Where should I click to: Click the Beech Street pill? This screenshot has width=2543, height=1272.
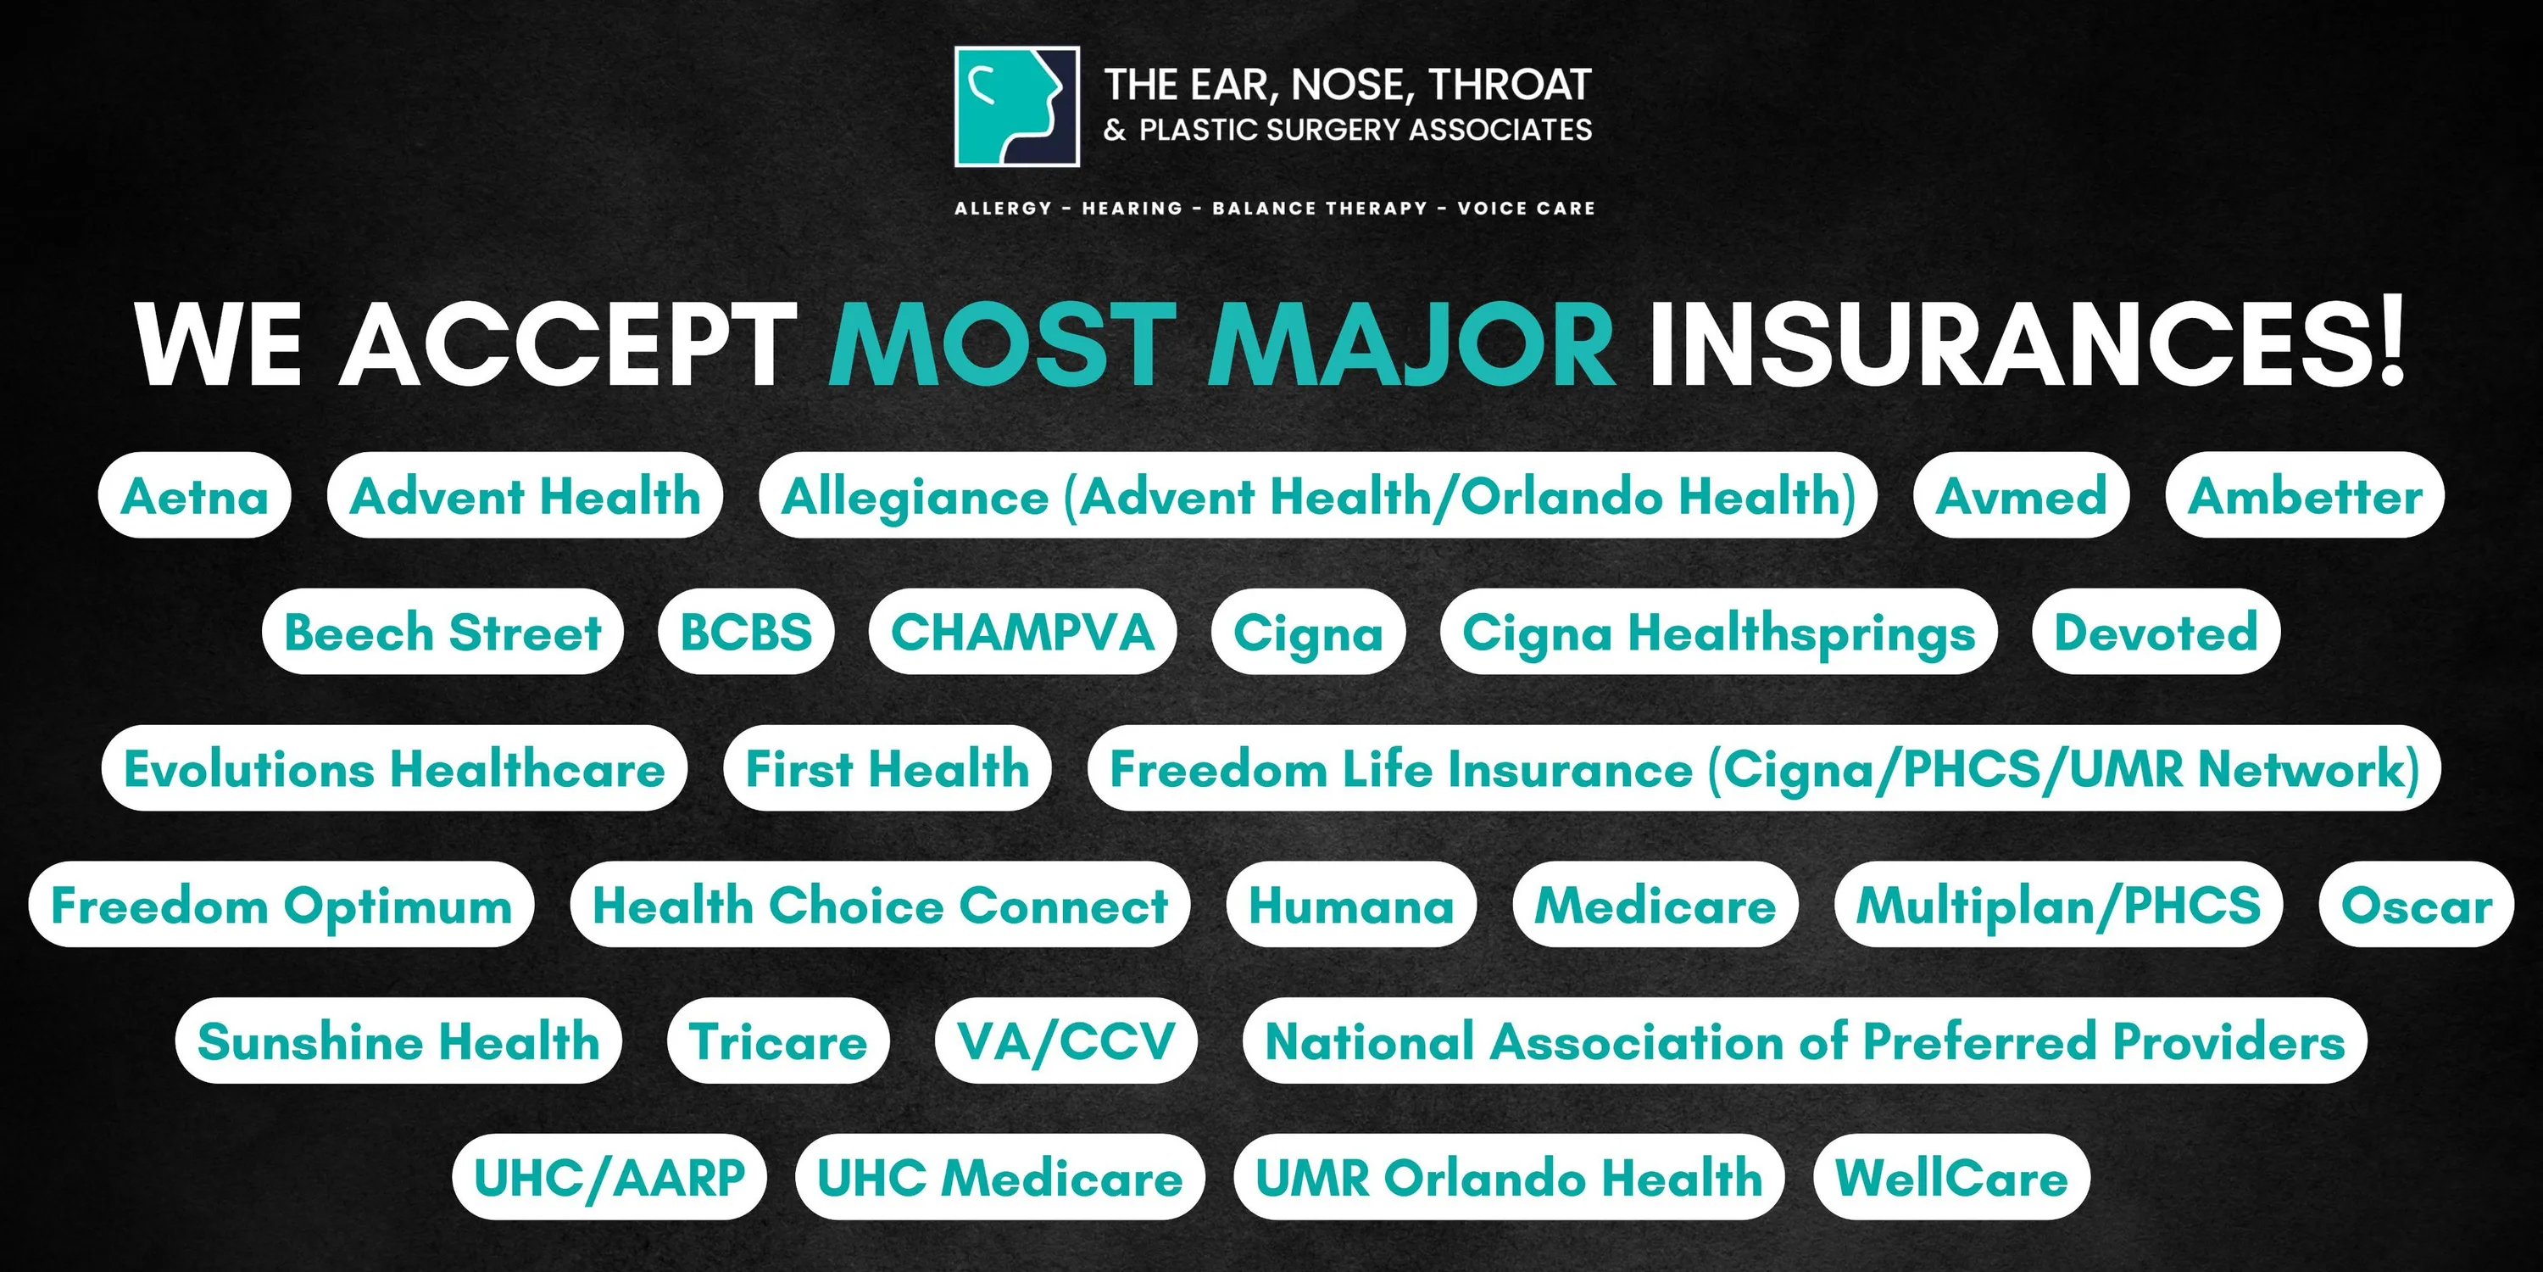pos(443,632)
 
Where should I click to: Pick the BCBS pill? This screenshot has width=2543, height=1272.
pos(746,632)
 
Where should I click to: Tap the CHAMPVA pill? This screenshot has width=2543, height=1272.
pos(1023,632)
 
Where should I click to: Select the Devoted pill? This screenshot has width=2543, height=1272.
pos(2156,632)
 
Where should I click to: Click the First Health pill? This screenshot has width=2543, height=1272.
pos(888,768)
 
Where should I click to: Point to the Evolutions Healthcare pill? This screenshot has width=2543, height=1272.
pos(394,768)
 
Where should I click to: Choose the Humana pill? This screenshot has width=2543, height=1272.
pos(1351,905)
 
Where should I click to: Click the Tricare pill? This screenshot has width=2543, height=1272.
pos(779,1040)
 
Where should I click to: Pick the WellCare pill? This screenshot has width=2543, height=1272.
pos(1951,1177)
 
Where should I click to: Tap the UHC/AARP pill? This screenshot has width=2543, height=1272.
pos(609,1177)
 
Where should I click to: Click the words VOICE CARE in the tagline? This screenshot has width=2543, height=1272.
pos(1526,209)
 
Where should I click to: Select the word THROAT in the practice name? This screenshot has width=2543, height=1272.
pos(1511,85)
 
